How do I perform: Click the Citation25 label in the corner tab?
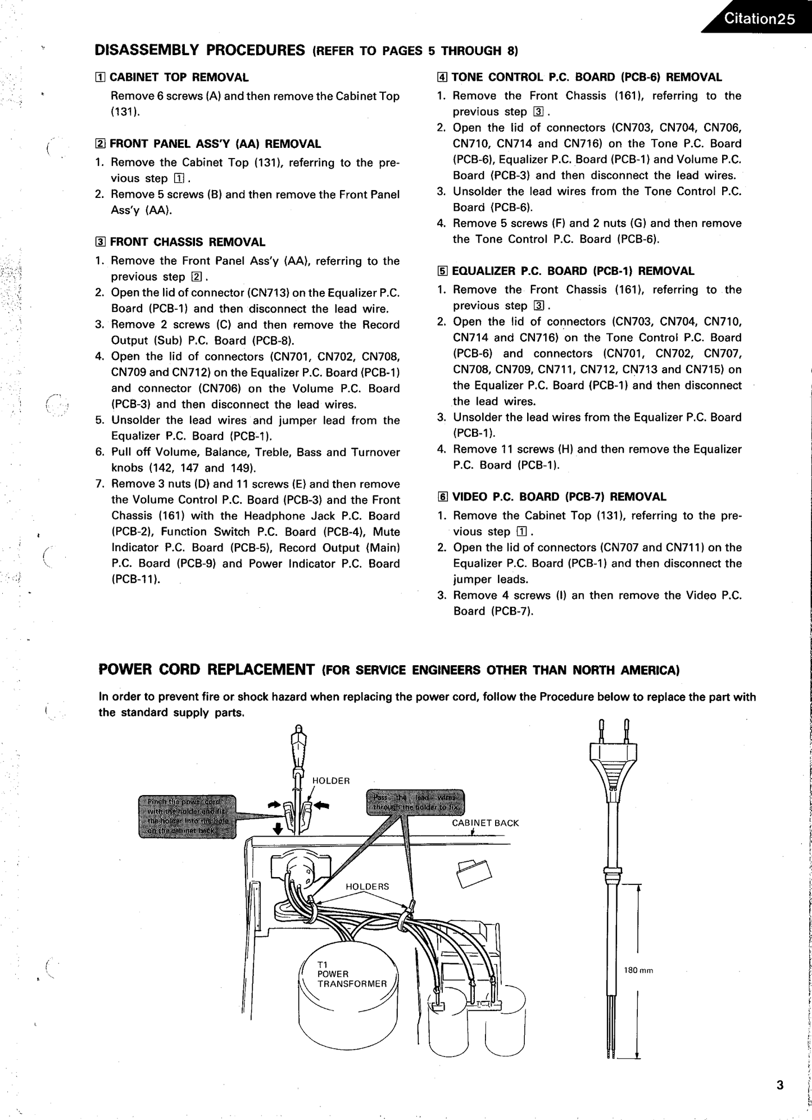(x=759, y=19)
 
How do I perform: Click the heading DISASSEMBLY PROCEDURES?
(x=199, y=50)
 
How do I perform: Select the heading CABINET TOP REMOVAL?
(x=179, y=77)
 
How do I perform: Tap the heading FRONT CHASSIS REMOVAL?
(x=187, y=242)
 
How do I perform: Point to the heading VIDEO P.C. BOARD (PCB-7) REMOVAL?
(x=559, y=497)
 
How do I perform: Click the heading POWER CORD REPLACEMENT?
(x=206, y=670)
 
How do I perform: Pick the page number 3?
(x=779, y=1085)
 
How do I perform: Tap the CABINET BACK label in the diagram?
(x=485, y=823)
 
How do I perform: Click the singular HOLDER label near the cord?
(x=331, y=781)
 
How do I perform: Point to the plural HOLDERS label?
(x=367, y=887)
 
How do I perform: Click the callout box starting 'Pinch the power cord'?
(x=187, y=816)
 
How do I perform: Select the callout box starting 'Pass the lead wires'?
(x=415, y=802)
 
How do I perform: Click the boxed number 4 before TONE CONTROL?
(x=442, y=78)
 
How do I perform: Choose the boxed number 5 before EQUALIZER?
(x=442, y=272)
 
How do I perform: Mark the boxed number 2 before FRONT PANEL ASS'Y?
(x=99, y=144)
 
